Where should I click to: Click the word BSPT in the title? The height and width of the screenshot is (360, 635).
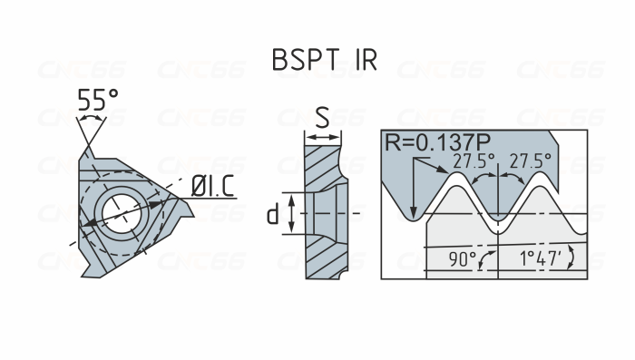[306, 60]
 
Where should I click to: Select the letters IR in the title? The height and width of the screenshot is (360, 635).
[364, 60]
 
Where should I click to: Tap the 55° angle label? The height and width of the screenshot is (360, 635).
[97, 100]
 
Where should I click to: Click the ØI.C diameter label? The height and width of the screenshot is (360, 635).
[213, 186]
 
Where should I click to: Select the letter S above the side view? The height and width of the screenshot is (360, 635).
[322, 116]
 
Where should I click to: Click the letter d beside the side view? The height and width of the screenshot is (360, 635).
[271, 214]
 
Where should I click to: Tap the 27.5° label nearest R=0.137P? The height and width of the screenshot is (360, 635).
[474, 161]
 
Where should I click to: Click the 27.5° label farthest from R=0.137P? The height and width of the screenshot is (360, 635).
[530, 161]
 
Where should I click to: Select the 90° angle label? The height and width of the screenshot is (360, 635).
[462, 259]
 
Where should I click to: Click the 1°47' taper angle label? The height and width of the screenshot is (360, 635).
[540, 259]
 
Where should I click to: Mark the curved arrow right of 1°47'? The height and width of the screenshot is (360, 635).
[570, 259]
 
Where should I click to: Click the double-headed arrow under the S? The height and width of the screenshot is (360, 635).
[323, 137]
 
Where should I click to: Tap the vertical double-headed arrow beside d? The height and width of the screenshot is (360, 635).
[291, 214]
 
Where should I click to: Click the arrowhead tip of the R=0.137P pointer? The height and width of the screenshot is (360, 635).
[414, 215]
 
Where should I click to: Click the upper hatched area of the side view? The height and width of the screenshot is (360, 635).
[319, 168]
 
